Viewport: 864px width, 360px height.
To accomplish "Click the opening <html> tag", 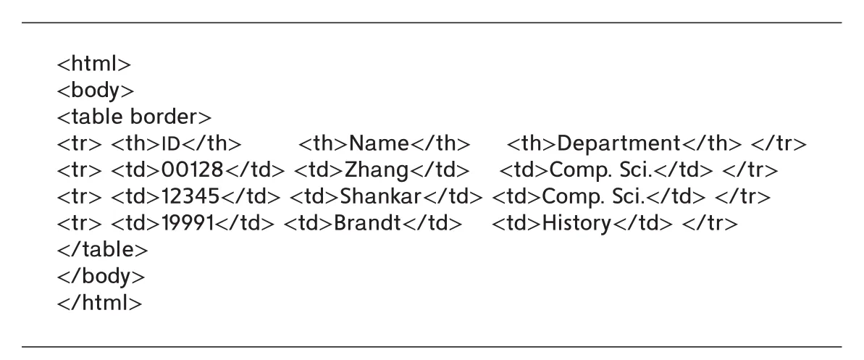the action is tap(94, 64).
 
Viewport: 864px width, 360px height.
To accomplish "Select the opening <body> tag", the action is tap(96, 91).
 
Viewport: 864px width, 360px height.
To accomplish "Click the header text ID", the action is tap(171, 144).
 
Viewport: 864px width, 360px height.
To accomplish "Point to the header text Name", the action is tap(379, 144).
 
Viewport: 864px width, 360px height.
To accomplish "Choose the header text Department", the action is tap(618, 144).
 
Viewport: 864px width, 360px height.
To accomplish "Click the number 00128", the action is tap(193, 170).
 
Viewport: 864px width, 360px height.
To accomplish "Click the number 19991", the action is tap(188, 223).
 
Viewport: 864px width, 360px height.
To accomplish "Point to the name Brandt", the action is tap(367, 223).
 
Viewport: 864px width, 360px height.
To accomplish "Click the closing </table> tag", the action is tap(103, 250).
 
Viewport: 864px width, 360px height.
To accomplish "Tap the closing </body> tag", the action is tap(101, 276).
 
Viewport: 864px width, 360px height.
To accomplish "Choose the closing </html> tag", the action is tap(100, 303).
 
